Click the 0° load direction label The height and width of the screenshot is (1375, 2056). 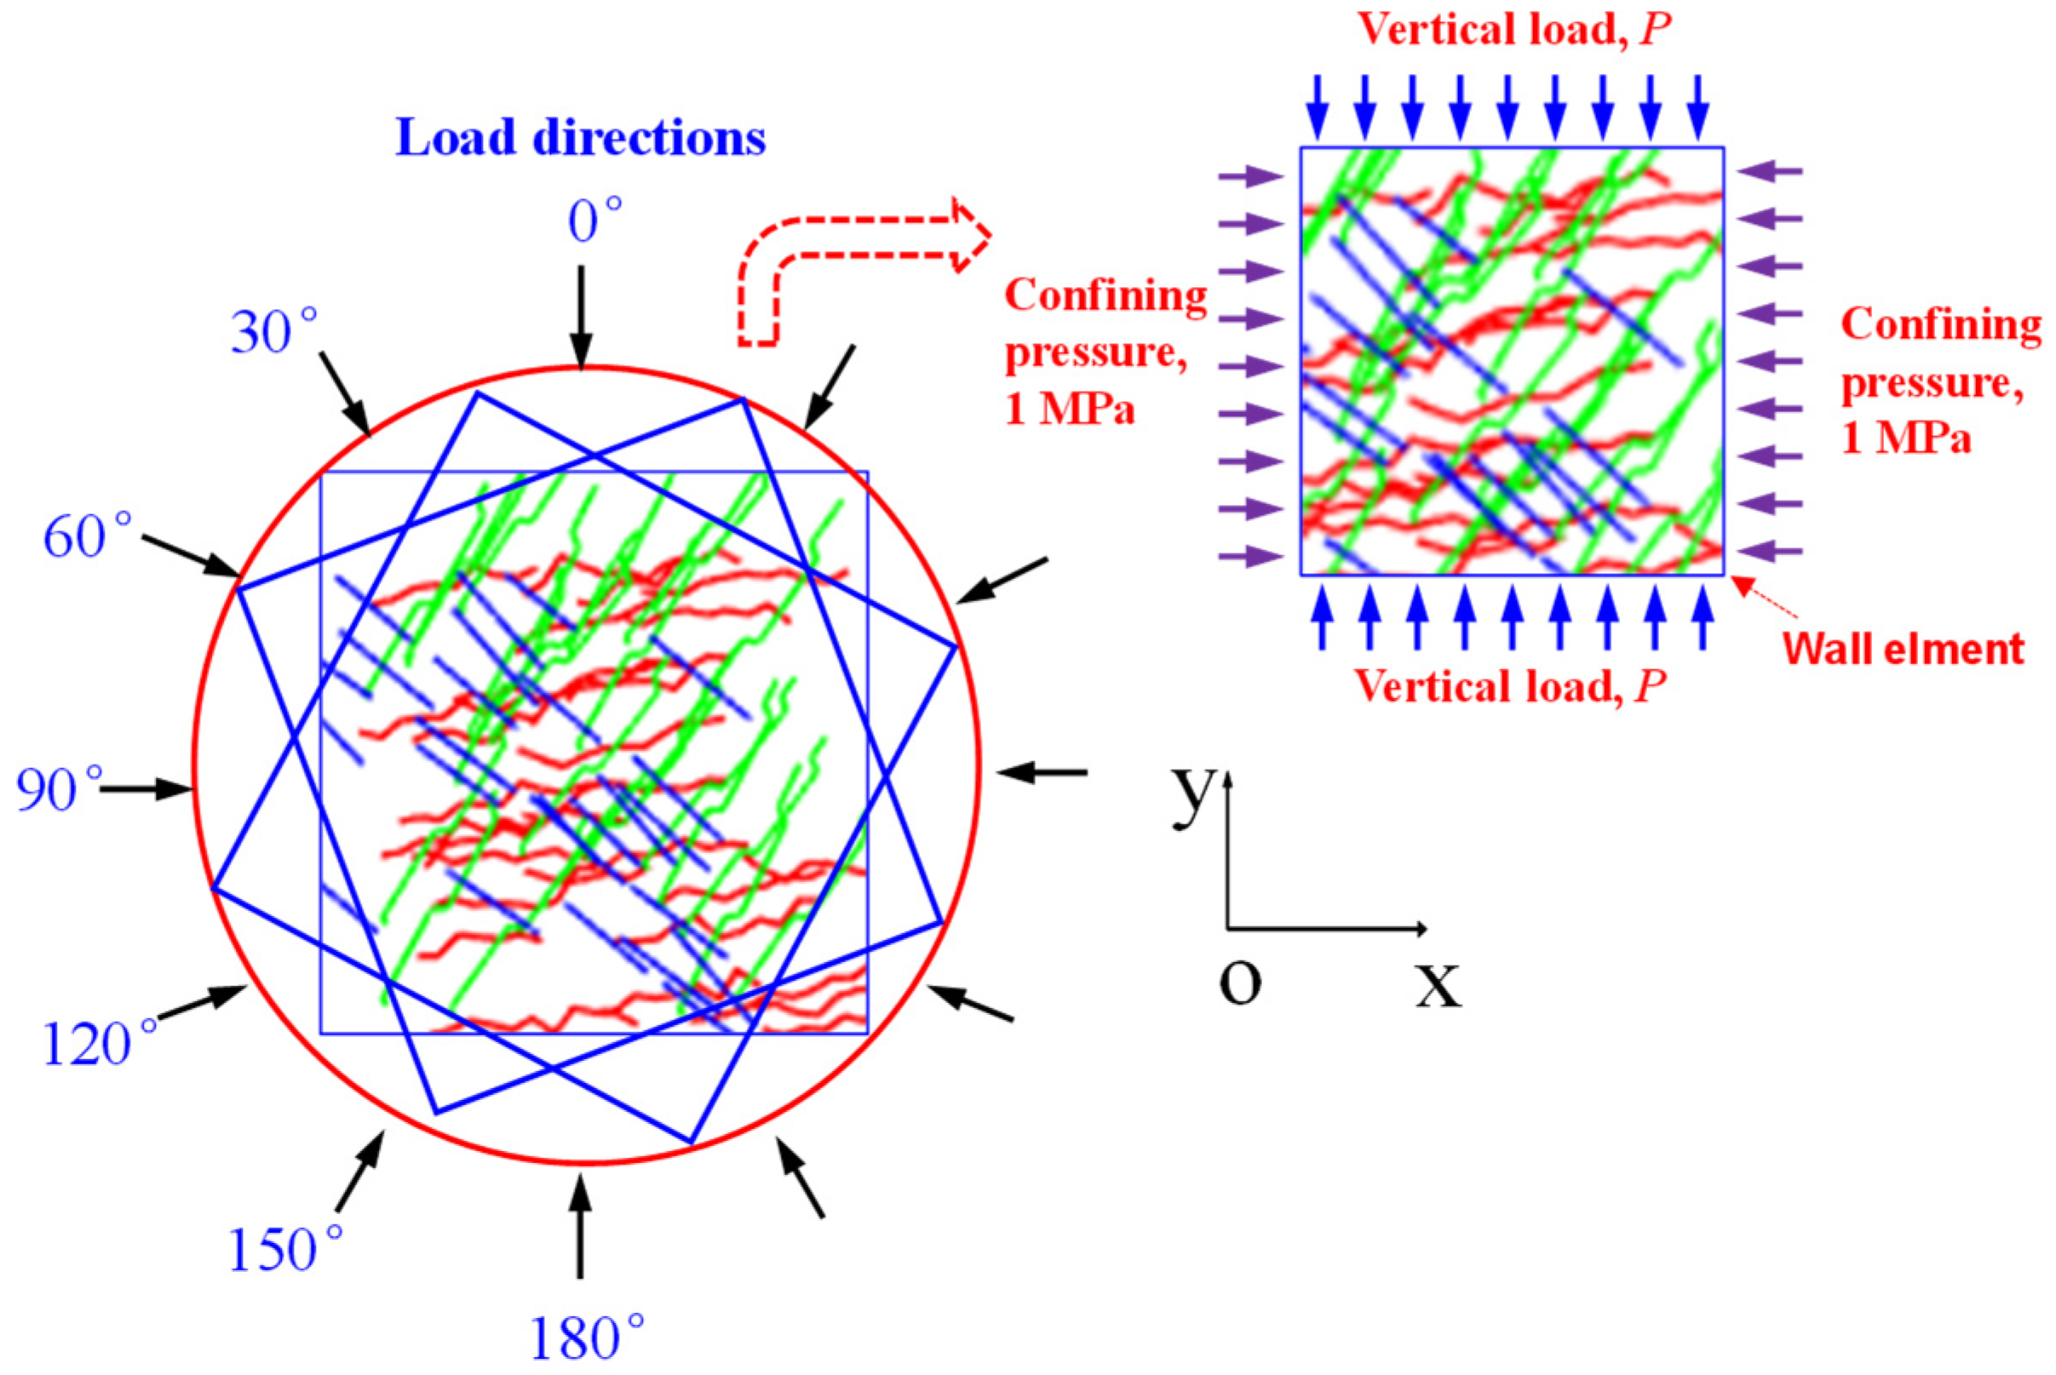click(594, 221)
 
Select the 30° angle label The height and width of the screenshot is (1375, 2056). click(273, 334)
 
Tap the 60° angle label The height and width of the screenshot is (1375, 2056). click(87, 536)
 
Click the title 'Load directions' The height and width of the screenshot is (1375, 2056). click(581, 138)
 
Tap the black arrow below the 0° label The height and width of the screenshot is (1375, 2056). click(579, 316)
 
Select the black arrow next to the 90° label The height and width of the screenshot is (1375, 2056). click(146, 790)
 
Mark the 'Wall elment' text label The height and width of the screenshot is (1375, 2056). click(1904, 650)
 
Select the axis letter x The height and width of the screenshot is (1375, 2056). click(1439, 983)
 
